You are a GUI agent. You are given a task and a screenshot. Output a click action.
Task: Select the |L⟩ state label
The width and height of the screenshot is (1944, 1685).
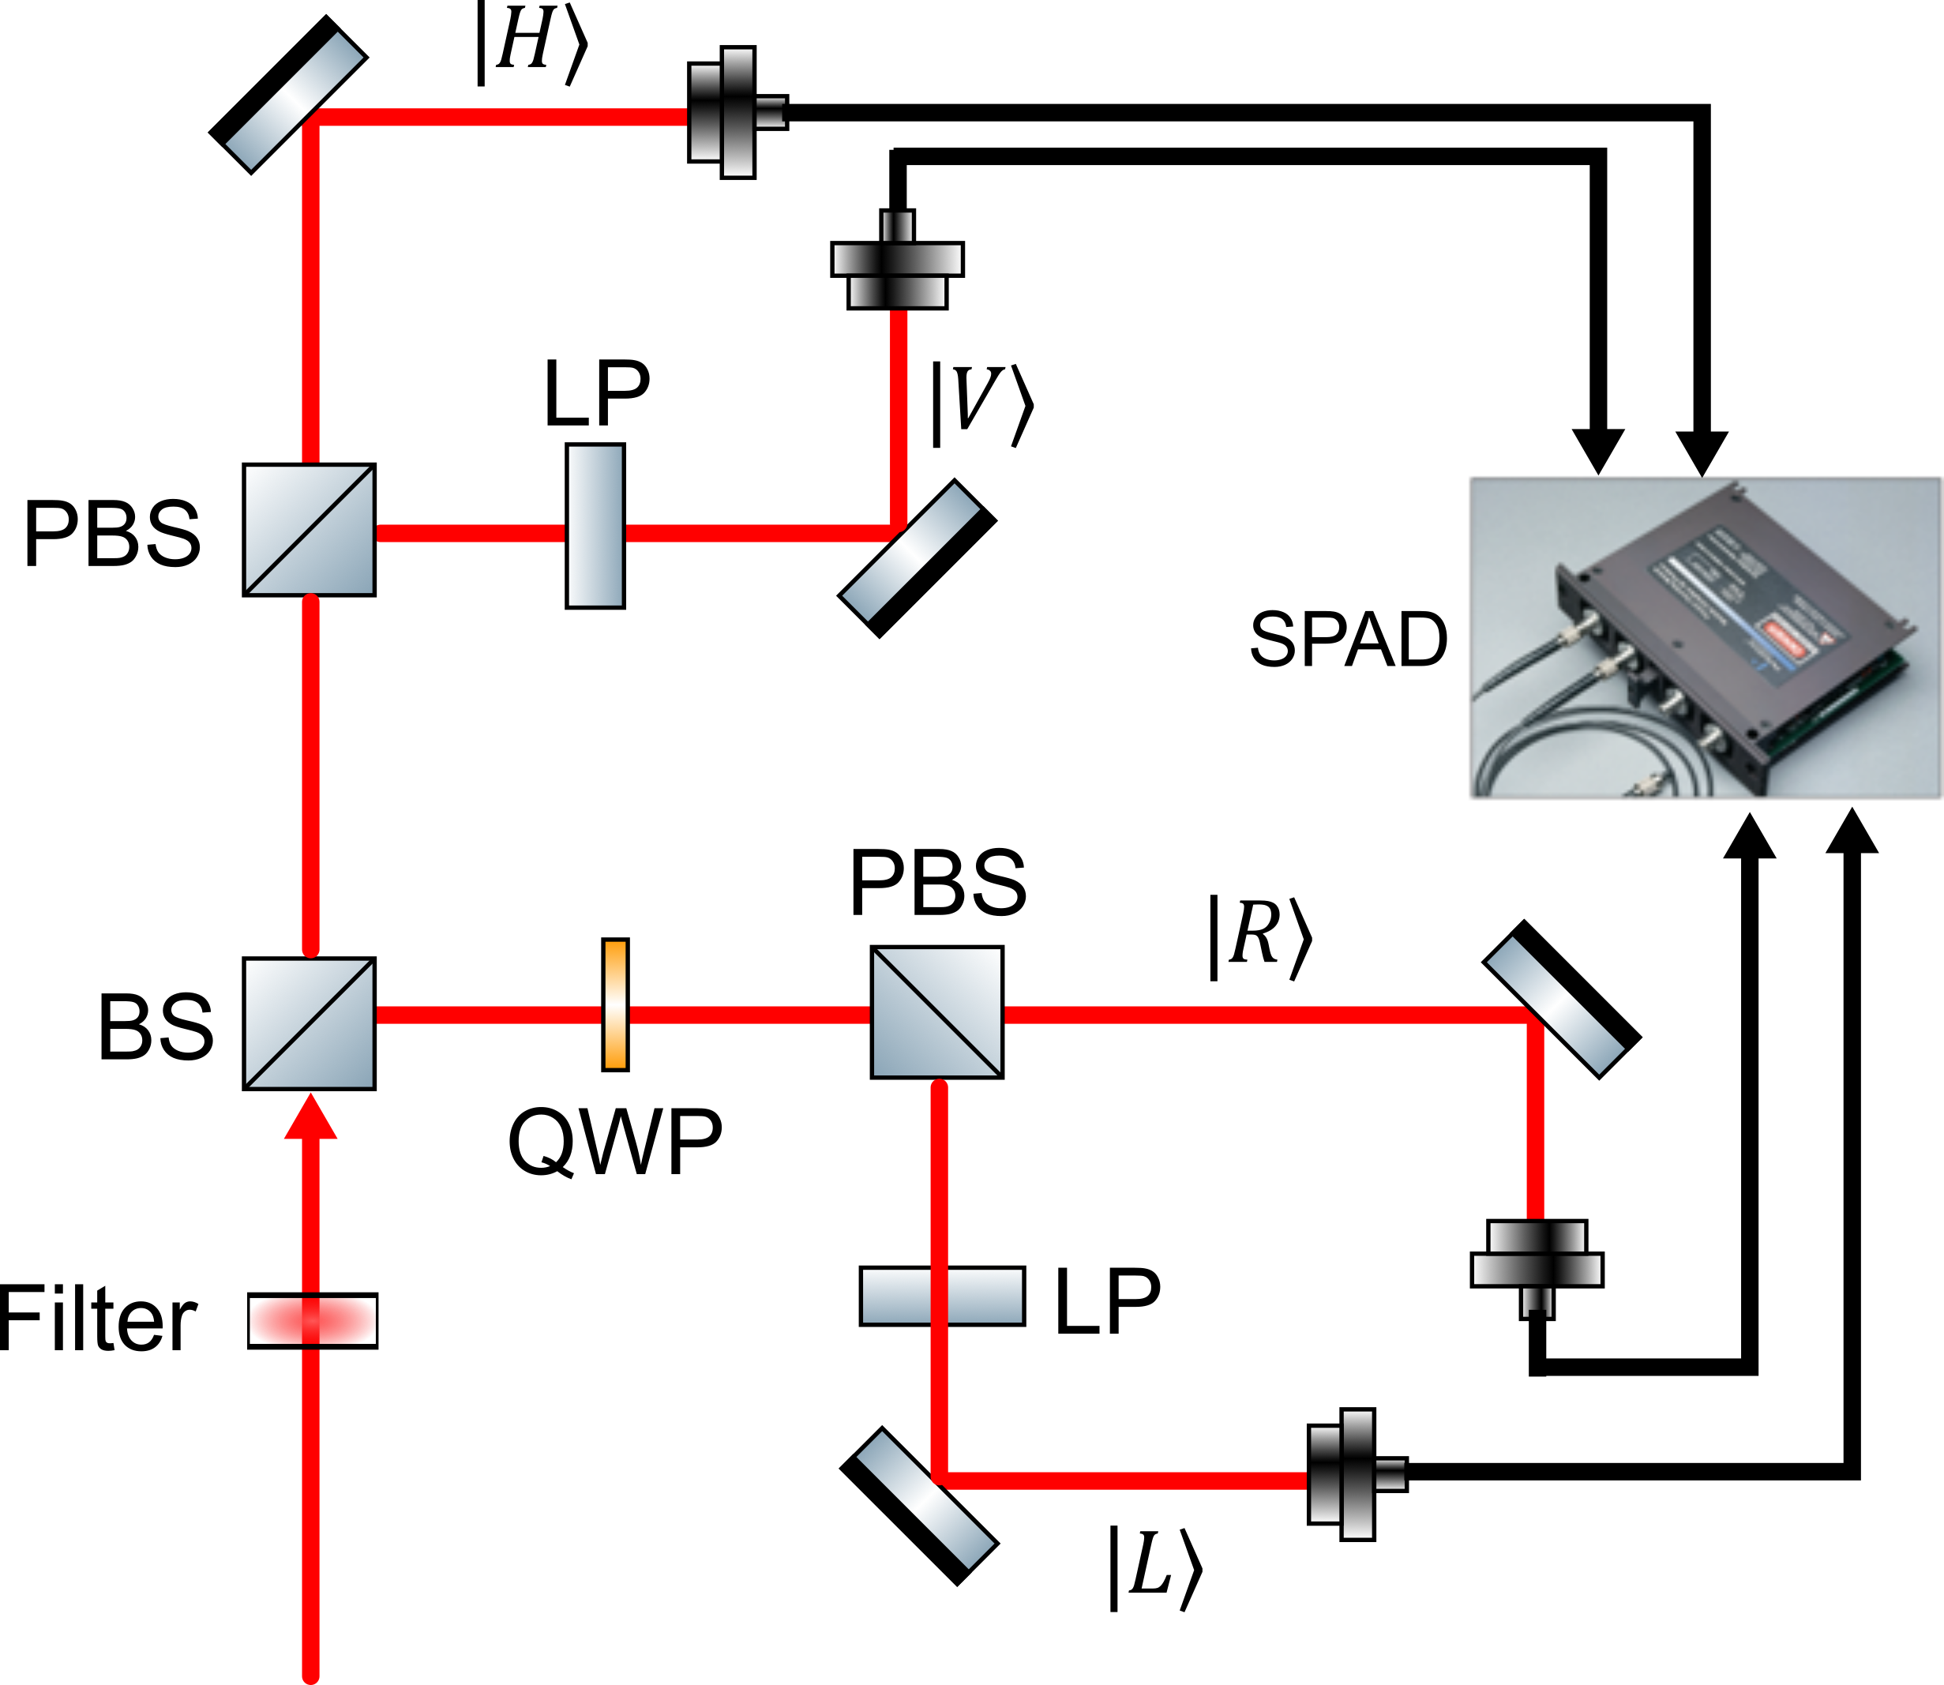click(1154, 1570)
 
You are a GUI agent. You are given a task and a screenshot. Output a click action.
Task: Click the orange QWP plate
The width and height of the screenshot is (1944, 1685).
click(615, 1004)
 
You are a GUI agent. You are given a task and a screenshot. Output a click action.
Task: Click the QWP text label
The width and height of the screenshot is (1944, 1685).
click(615, 1140)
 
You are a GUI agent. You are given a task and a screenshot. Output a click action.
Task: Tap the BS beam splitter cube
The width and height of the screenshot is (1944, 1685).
click(310, 1023)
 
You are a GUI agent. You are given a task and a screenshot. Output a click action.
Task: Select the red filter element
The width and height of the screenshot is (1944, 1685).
click(312, 1320)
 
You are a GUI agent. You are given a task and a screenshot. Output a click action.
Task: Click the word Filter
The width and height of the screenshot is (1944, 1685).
click(98, 1319)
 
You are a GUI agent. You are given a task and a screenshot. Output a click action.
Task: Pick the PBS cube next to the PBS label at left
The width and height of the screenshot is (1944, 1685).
click(310, 529)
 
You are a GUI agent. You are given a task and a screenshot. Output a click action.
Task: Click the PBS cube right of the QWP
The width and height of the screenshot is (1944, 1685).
click(936, 1011)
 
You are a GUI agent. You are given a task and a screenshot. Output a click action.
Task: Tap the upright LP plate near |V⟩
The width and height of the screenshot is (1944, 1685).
click(595, 527)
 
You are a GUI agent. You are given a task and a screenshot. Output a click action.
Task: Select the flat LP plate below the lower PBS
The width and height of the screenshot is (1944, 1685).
click(942, 1297)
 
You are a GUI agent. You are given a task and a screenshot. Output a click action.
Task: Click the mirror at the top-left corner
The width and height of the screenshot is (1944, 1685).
click(287, 94)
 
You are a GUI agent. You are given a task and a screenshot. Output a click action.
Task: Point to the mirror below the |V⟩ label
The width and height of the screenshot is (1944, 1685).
click(917, 558)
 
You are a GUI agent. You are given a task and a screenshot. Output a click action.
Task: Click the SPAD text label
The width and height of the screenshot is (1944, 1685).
click(1348, 640)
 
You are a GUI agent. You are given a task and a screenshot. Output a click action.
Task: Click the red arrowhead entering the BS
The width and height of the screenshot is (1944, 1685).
click(310, 1116)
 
